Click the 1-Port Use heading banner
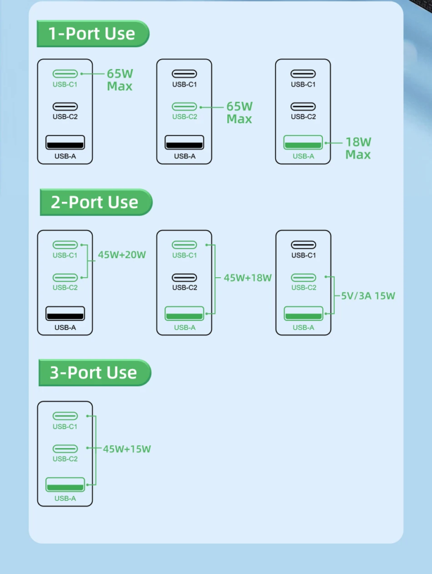point(93,34)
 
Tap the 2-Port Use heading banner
point(96,202)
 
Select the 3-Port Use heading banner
point(95,373)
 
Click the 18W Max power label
point(358,148)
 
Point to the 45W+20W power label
point(122,255)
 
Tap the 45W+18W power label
point(247,278)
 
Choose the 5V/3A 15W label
point(368,296)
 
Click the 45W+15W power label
point(127,449)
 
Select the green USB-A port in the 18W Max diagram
point(303,142)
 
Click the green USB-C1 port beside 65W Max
point(65,74)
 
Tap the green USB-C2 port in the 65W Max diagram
point(184,106)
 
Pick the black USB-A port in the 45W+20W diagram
point(65,313)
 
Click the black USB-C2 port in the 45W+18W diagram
point(184,278)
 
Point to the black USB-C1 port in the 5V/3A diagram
point(303,245)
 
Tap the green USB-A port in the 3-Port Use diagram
point(65,484)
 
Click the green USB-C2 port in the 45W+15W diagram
point(65,449)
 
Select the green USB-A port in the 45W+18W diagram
point(184,313)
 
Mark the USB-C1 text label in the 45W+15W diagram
point(65,427)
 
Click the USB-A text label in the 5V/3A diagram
point(303,328)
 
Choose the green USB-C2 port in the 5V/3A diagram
point(303,278)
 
